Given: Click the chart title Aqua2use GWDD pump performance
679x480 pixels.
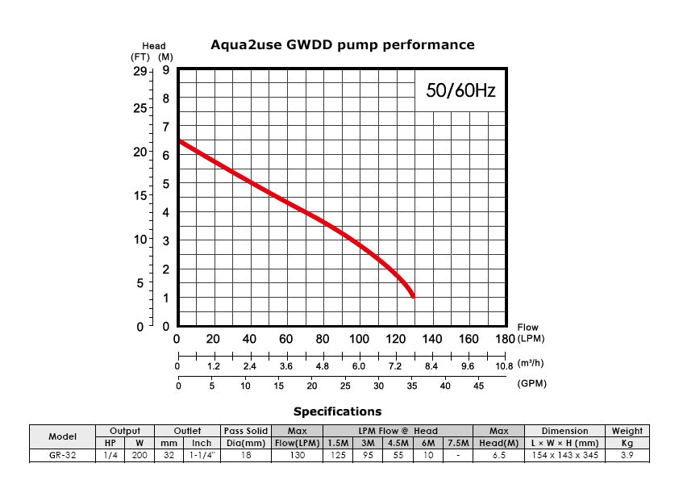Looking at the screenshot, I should [342, 44].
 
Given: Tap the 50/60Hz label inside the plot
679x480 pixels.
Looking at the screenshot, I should [460, 91].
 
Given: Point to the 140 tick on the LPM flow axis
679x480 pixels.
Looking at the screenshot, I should [432, 339].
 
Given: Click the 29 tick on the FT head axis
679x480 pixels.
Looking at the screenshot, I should [140, 72].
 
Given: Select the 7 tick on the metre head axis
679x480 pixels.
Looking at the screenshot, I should [165, 127].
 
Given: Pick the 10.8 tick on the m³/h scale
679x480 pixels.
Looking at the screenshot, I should [503, 365].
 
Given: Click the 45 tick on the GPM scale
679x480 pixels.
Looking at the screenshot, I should [477, 386].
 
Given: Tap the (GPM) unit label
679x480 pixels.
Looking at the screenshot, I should [531, 383].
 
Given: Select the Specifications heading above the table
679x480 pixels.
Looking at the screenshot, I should [337, 411].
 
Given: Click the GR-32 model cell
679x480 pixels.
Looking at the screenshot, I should [62, 456].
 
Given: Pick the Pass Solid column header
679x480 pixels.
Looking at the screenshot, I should [245, 431].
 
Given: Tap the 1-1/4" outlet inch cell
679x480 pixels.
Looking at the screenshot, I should [202, 456].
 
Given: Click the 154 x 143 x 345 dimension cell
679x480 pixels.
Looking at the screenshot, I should [564, 456].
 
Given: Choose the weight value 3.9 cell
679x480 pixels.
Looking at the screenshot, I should [627, 456].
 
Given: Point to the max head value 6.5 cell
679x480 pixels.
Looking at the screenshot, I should [498, 456].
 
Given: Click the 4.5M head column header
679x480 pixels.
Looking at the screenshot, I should [398, 443].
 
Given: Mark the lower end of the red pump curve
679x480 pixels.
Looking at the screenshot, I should [413, 296].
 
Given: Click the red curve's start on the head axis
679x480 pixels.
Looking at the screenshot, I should [179, 142].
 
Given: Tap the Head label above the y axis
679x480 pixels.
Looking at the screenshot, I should [153, 45].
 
